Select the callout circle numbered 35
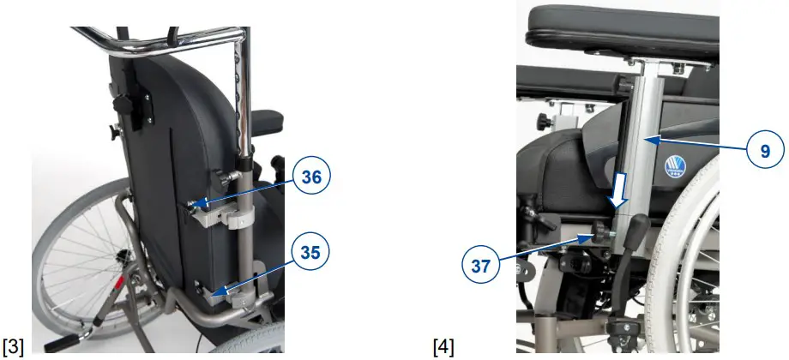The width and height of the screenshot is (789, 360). coord(310,252)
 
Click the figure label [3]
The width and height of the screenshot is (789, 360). coord(14,346)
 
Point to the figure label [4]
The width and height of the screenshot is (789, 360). coord(443,346)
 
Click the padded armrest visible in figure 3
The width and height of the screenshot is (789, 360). coord(268,121)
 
